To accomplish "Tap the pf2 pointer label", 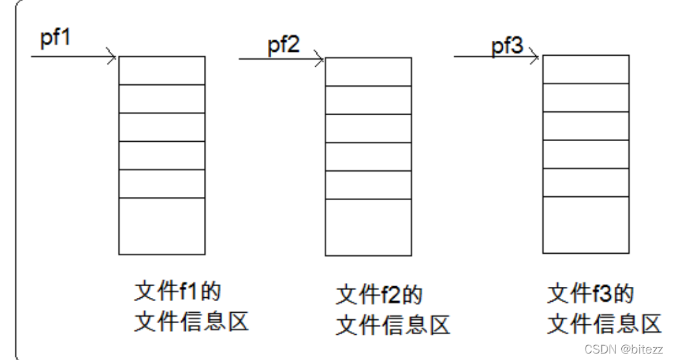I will (283, 46).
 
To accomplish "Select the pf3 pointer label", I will (507, 47).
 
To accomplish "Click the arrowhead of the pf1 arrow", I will (113, 57).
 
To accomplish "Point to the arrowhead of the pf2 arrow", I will (320, 60).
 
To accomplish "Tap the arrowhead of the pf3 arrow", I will (535, 57).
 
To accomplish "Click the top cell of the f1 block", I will (162, 71).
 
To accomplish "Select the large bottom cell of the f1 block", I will (162, 225).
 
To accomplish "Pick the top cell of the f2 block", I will (368, 71).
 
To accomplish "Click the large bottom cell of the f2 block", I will (368, 227).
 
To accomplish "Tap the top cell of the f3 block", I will (585, 69).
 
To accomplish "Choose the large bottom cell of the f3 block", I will (585, 224).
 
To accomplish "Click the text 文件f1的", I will (177, 291).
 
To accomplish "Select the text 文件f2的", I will (379, 295).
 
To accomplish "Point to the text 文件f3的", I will (590, 294).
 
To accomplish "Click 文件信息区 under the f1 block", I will (192, 321).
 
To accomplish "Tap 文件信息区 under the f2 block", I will (393, 324).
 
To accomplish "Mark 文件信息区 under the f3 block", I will (604, 323).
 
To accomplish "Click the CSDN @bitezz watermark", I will (623, 349).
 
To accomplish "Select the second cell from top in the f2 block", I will (368, 99).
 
